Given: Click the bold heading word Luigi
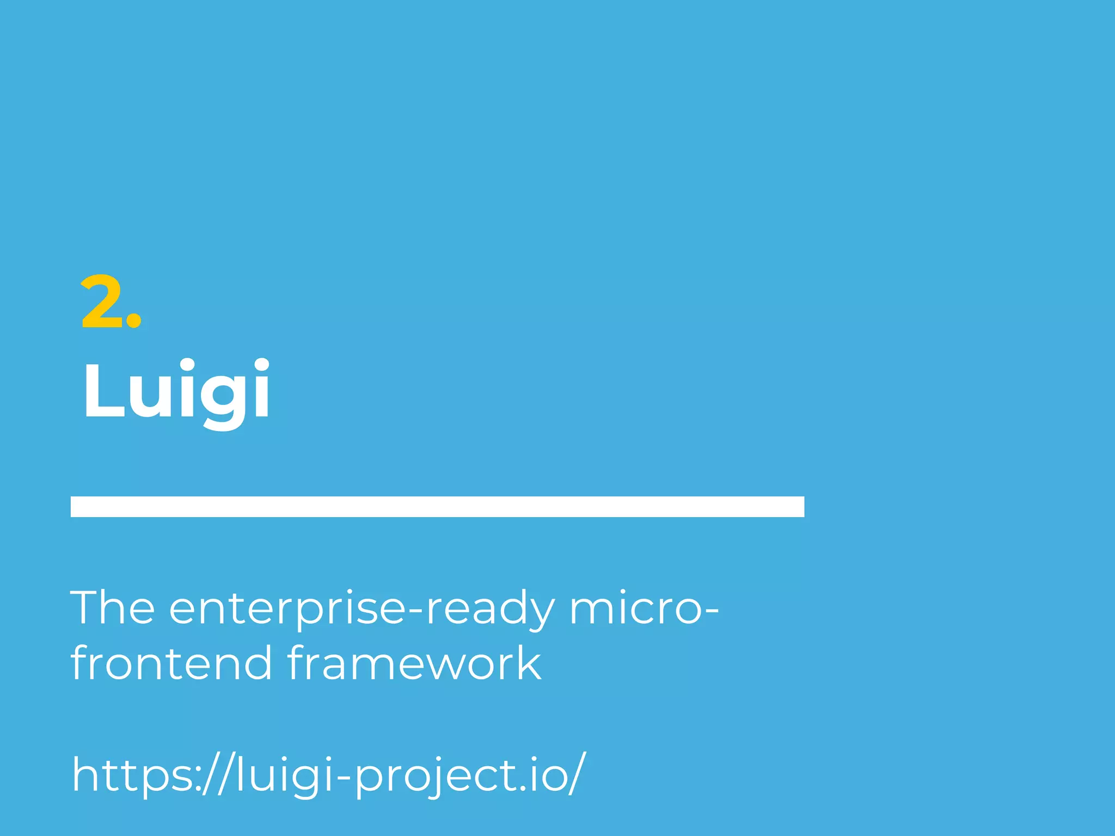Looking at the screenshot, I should (x=176, y=390).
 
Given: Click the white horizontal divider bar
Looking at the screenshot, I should (x=437, y=506).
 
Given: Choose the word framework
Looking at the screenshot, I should (x=414, y=663).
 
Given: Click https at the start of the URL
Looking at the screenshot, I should (x=133, y=775).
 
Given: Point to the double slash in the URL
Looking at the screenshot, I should (x=217, y=774).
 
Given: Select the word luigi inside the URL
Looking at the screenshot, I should (x=284, y=775).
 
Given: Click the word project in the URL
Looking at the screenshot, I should (x=433, y=775).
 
